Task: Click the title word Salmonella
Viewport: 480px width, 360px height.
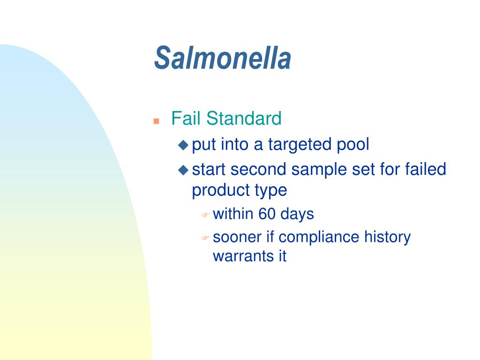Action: click(223, 58)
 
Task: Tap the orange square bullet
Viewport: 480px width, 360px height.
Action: click(156, 121)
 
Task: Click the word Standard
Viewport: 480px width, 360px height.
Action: click(244, 118)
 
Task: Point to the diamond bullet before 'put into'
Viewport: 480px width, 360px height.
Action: click(183, 145)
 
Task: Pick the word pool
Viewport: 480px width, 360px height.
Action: click(353, 144)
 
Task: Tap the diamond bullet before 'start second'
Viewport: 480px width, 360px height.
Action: click(183, 170)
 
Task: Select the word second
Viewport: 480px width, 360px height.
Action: click(258, 169)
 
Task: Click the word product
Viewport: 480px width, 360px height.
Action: click(220, 191)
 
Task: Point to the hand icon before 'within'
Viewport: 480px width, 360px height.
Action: click(205, 215)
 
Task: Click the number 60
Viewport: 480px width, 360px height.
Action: click(267, 214)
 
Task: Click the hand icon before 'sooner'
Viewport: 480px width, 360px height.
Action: click(205, 238)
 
